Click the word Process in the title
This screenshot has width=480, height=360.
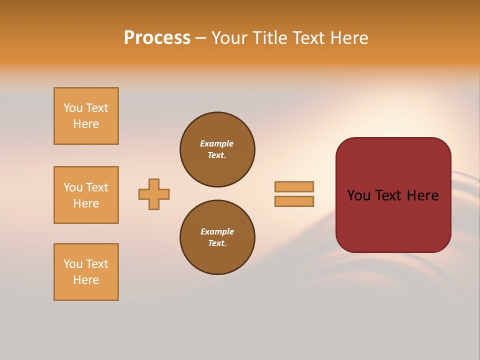click(x=157, y=38)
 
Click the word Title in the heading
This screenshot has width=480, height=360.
click(x=269, y=38)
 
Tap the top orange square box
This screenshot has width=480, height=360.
click(x=86, y=116)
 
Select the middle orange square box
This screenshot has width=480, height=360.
click(x=86, y=195)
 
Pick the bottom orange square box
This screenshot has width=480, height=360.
click(x=86, y=272)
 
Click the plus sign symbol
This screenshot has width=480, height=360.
click(x=154, y=194)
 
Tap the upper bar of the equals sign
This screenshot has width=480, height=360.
click(x=294, y=186)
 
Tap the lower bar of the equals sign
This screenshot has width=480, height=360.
click(x=294, y=201)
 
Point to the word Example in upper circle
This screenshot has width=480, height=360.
click(x=216, y=143)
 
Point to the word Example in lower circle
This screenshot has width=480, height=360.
click(x=217, y=231)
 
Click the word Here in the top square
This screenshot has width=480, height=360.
click(x=86, y=124)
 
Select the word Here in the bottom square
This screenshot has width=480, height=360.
click(x=86, y=280)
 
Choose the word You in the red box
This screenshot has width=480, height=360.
click(x=358, y=195)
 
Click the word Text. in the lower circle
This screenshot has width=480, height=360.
click(x=217, y=243)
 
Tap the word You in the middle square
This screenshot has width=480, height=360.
click(x=73, y=187)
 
